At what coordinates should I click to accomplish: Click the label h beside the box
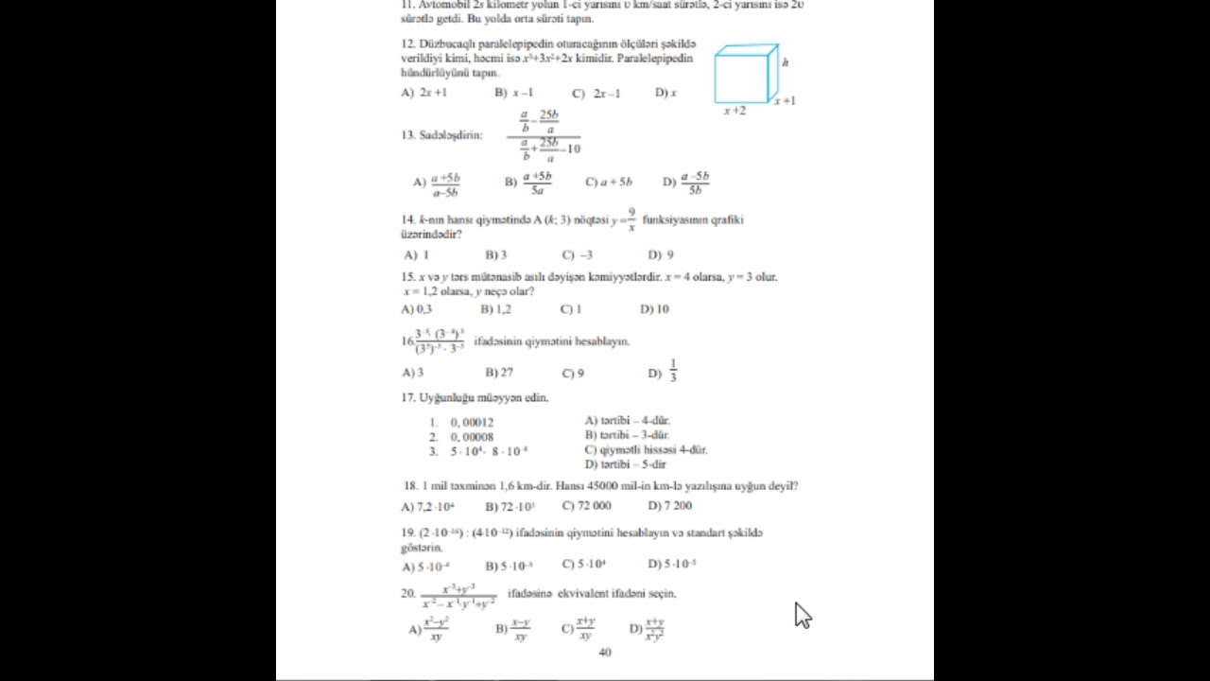tap(786, 62)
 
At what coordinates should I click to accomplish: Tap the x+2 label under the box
tap(735, 111)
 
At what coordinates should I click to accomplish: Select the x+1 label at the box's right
tap(785, 100)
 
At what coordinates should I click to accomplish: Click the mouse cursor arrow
tap(802, 615)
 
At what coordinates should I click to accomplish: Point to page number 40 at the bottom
tap(605, 652)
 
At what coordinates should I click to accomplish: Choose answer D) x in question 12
tap(665, 93)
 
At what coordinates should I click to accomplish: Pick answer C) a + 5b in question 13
tap(609, 182)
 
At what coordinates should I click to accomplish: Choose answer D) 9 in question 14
tap(661, 254)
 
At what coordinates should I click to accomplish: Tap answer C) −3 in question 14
tap(578, 254)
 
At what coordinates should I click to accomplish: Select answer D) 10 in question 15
tap(654, 308)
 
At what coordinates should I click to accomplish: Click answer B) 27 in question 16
tap(499, 373)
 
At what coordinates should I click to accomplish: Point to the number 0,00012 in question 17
tap(472, 422)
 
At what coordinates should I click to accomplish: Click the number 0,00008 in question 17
tap(472, 437)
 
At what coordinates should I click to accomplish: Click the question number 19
tap(407, 533)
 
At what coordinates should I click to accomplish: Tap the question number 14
tap(407, 219)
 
